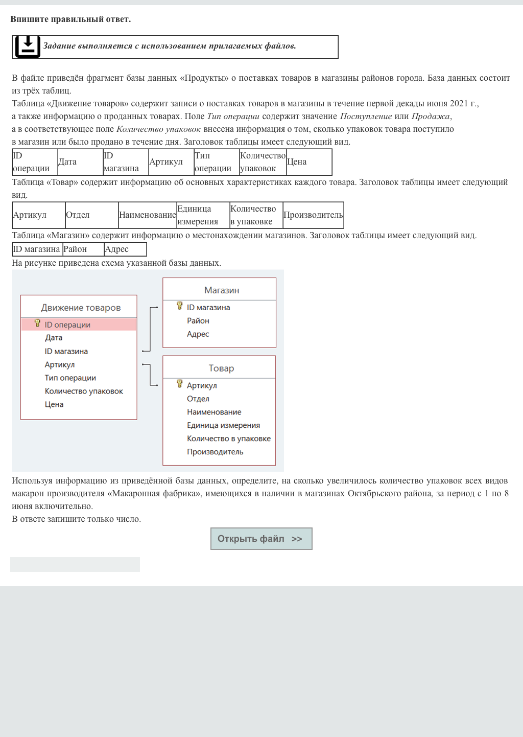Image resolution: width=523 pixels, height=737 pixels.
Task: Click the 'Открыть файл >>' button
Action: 261,539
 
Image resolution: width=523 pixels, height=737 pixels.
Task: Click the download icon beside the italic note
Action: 28,47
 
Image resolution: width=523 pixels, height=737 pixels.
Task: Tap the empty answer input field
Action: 75,564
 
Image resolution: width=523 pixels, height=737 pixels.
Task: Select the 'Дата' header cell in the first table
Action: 80,162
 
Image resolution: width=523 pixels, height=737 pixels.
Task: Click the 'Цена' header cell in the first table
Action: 308,162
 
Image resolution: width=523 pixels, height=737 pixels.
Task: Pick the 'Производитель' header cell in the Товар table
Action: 313,215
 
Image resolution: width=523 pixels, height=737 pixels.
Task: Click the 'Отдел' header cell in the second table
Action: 91,215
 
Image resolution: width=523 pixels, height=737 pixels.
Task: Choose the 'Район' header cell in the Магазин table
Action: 83,249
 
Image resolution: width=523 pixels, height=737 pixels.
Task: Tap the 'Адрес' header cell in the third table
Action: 125,249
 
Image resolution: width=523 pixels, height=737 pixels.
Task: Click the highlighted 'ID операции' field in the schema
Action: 67,325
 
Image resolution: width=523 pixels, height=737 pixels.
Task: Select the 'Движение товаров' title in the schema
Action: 81,308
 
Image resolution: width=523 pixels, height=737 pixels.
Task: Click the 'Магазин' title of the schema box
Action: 222,290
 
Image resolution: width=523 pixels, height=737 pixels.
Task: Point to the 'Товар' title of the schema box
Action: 221,368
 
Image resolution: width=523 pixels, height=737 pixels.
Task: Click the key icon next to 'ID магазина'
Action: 180,306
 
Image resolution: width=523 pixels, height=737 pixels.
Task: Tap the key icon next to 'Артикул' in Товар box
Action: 180,384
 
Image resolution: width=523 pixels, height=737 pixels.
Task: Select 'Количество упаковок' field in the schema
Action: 84,391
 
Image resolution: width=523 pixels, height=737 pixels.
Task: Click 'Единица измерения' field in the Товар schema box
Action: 223,425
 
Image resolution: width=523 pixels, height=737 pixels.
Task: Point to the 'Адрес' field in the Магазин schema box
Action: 198,334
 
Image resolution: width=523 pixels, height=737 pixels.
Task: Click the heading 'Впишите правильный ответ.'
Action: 70,19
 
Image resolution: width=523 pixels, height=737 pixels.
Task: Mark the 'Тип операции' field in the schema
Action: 70,378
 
